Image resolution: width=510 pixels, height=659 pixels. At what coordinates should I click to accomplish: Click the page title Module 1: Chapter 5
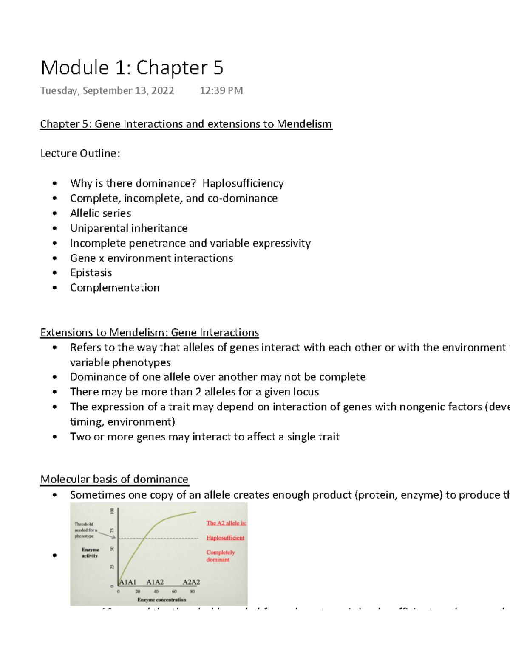[x=132, y=68]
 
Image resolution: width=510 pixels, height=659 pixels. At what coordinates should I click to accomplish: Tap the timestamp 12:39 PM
[x=221, y=91]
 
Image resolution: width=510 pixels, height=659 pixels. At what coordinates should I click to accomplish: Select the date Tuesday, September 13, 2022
[x=107, y=91]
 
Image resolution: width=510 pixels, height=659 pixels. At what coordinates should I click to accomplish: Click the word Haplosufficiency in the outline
[x=243, y=183]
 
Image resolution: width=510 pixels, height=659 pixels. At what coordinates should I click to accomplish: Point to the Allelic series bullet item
[x=101, y=213]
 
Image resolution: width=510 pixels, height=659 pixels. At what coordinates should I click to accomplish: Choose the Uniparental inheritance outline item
[x=129, y=228]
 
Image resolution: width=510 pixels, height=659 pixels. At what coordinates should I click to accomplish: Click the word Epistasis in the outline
[x=91, y=273]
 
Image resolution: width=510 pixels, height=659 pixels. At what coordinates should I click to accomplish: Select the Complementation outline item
[x=115, y=288]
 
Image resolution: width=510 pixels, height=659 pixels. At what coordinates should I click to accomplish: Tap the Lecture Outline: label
[x=80, y=153]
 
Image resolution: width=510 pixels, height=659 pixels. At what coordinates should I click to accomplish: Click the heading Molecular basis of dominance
[x=114, y=479]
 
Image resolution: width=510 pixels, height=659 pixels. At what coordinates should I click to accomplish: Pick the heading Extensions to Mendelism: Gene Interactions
[x=150, y=332]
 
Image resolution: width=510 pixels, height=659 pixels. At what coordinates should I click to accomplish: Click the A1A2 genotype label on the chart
[x=155, y=582]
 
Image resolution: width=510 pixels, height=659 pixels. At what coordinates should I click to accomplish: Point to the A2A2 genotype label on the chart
[x=191, y=582]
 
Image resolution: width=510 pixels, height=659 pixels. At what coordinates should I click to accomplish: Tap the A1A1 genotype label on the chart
[x=127, y=582]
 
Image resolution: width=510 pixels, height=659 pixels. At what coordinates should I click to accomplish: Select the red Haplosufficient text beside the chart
[x=225, y=538]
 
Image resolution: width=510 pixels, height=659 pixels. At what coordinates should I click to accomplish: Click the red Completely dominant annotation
[x=220, y=556]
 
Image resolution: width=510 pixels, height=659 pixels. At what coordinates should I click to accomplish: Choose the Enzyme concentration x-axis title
[x=161, y=600]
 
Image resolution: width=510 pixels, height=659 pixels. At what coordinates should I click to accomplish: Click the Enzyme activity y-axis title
[x=90, y=552]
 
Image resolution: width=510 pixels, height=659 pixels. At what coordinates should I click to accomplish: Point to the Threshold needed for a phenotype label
[x=85, y=530]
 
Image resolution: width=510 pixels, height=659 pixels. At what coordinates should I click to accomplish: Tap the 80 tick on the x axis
[x=193, y=591]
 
